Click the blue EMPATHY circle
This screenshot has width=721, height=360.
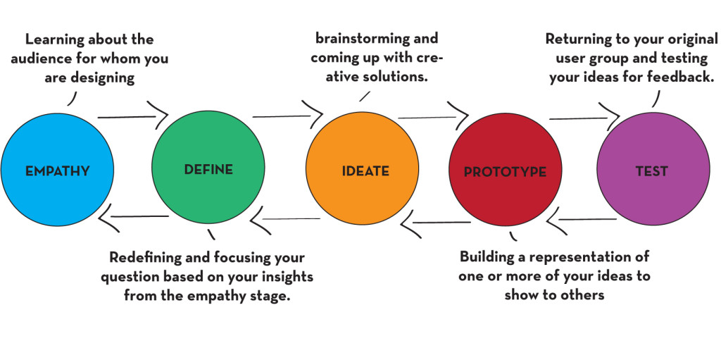[x=57, y=170]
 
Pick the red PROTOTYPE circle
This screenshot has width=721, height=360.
[x=504, y=171]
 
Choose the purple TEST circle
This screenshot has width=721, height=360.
[x=651, y=170]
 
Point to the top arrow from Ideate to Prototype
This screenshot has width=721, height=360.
[x=433, y=115]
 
